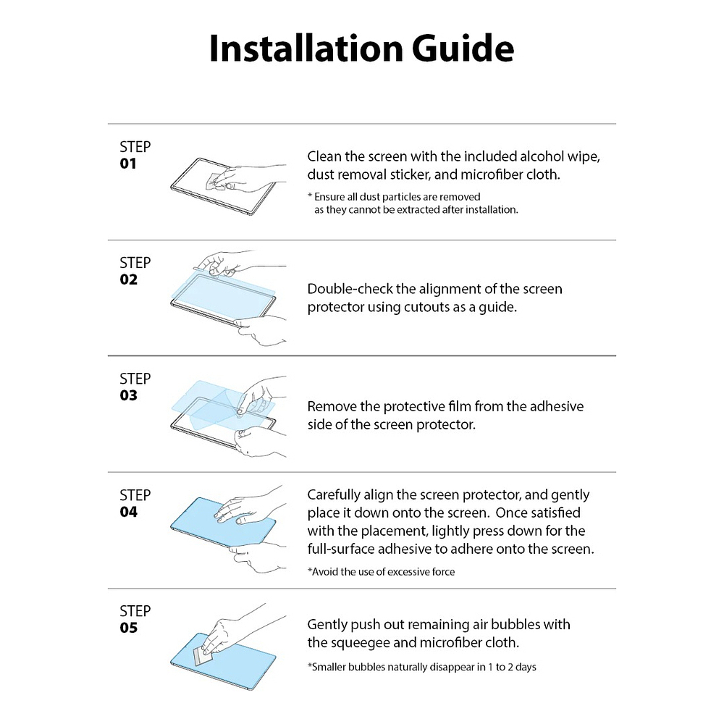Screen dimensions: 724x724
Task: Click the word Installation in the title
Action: click(x=306, y=48)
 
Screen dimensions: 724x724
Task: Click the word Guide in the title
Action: click(x=463, y=48)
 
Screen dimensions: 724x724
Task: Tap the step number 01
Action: click(x=128, y=164)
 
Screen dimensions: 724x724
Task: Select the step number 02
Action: click(x=128, y=279)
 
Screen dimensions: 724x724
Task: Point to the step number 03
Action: click(x=128, y=395)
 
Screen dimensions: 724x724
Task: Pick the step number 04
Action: click(x=128, y=512)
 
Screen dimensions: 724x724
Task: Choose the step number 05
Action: click(x=128, y=628)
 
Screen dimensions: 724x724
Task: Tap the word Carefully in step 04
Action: click(x=333, y=495)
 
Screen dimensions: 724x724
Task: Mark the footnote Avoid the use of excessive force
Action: click(x=381, y=572)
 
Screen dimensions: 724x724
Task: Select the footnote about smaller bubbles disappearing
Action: click(x=421, y=668)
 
